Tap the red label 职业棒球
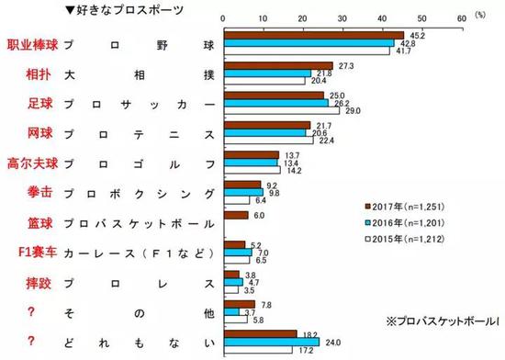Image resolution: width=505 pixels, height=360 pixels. pyautogui.click(x=29, y=45)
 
